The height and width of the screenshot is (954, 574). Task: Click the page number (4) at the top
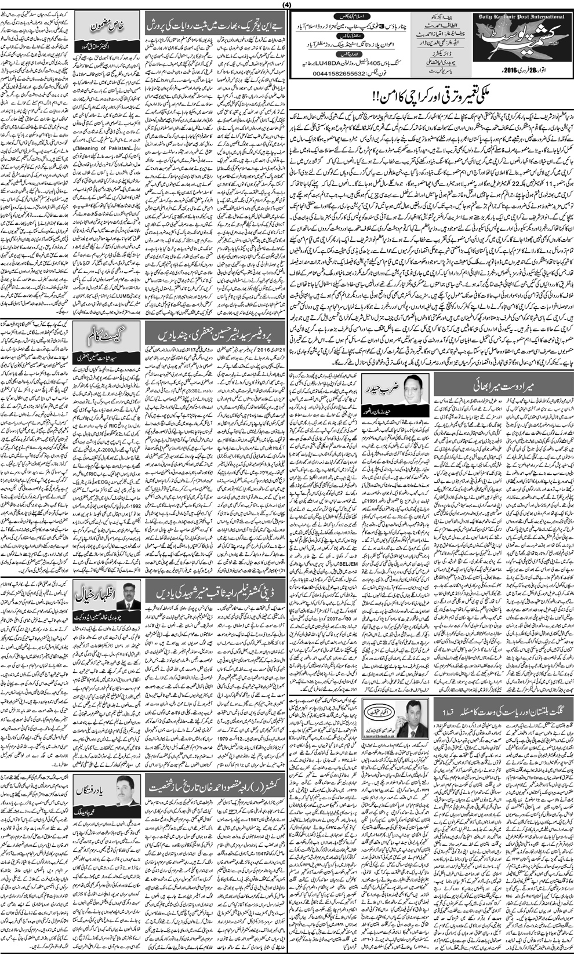pos(286,5)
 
